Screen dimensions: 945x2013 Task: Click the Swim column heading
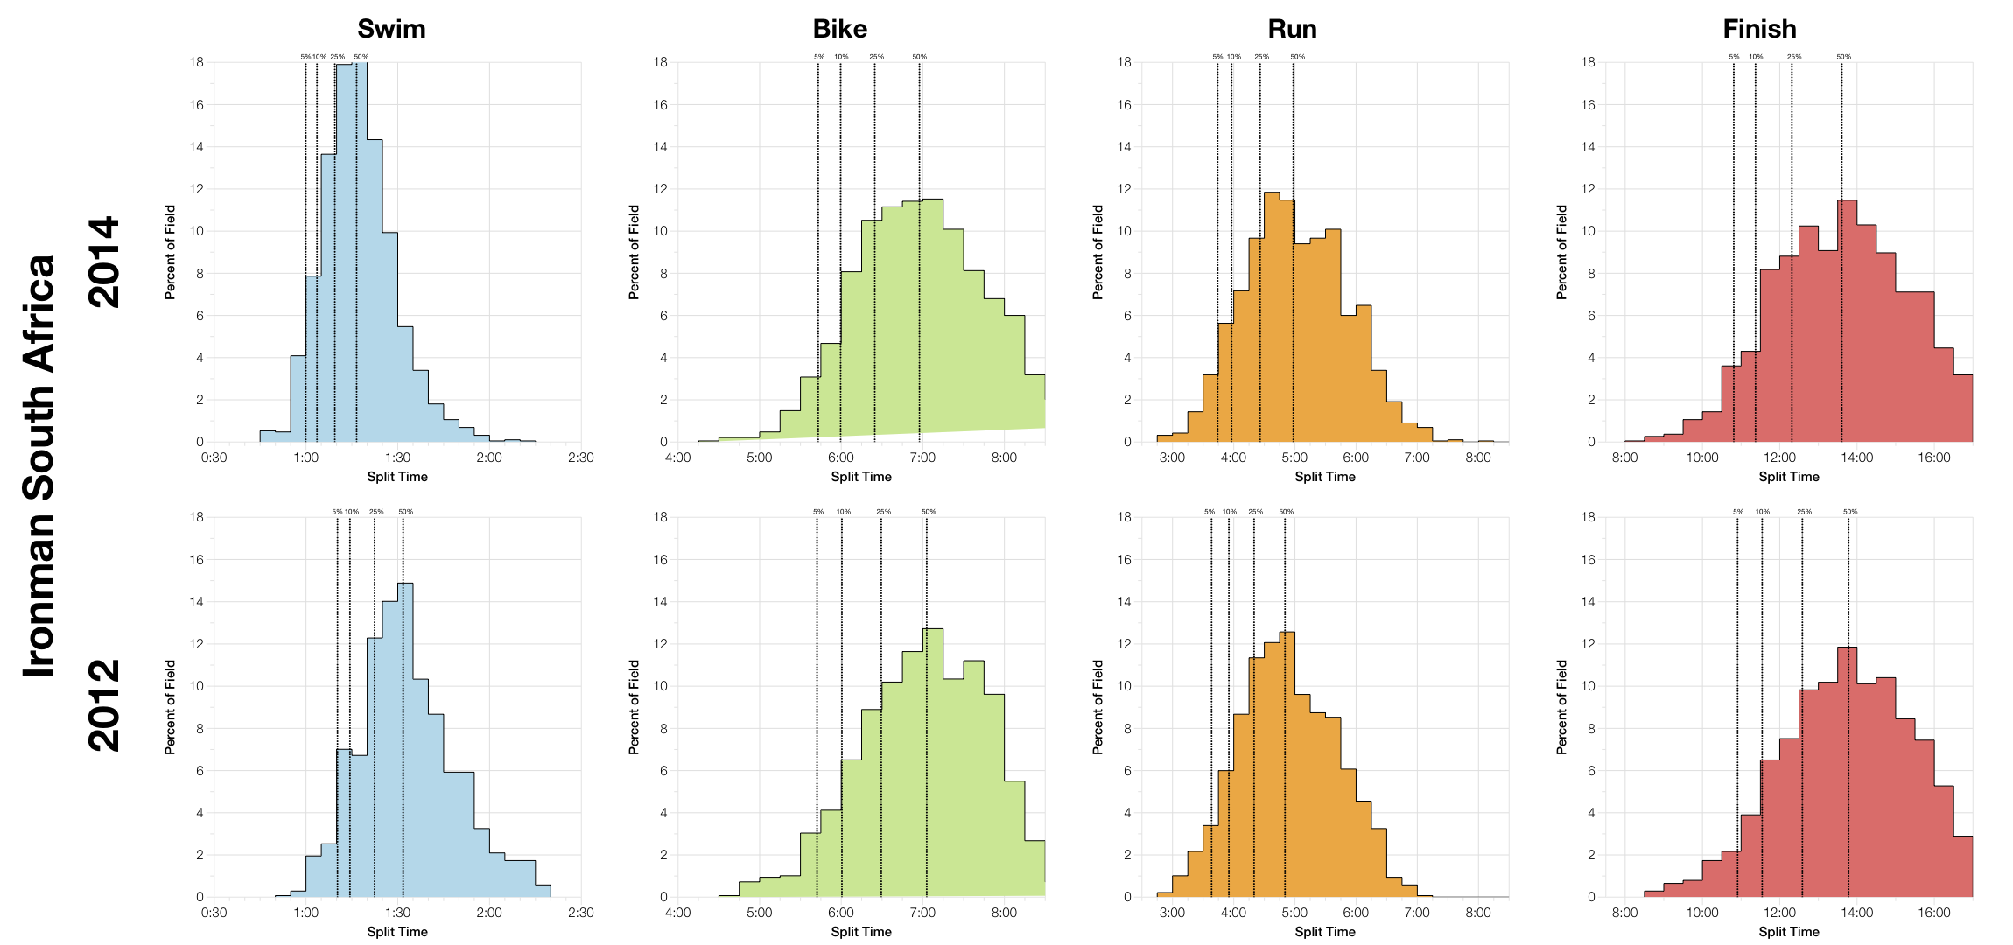pos(391,29)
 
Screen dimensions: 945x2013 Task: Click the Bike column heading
pos(839,29)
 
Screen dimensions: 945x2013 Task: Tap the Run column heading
pos(1292,29)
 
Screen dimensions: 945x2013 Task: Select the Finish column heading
pos(1759,29)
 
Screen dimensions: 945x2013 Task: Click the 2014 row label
pos(103,262)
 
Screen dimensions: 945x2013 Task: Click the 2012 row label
pos(103,705)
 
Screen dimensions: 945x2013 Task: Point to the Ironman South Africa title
pos(39,466)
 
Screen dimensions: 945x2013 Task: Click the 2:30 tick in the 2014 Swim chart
pos(580,458)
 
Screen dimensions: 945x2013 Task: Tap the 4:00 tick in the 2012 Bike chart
pos(677,913)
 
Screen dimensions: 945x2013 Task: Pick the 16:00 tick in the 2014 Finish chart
pos(1933,458)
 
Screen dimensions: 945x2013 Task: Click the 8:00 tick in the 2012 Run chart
pos(1477,913)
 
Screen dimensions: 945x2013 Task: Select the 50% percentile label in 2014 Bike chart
pos(919,57)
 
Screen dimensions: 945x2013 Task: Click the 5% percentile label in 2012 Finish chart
pos(1737,512)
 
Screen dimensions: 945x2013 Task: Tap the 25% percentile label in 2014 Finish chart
pos(1793,57)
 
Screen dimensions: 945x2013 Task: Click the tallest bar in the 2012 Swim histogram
pos(405,744)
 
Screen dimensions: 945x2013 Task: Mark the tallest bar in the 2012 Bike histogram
pos(933,761)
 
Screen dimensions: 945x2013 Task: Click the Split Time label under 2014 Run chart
pos(1324,477)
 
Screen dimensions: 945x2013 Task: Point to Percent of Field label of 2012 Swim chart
pos(170,707)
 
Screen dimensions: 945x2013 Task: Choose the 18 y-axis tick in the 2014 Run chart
pos(1124,62)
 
